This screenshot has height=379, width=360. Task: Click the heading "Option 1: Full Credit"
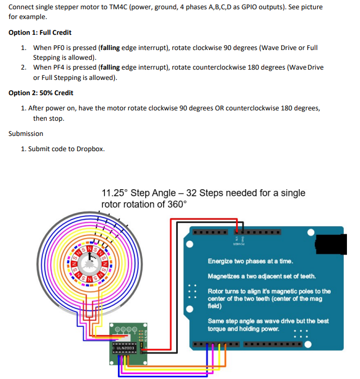pos(40,33)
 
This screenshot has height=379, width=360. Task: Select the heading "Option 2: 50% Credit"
pos(41,93)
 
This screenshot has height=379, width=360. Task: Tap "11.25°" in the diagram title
pos(115,193)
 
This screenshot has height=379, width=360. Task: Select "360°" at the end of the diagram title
pos(175,204)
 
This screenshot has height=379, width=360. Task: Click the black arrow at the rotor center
pos(89,260)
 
